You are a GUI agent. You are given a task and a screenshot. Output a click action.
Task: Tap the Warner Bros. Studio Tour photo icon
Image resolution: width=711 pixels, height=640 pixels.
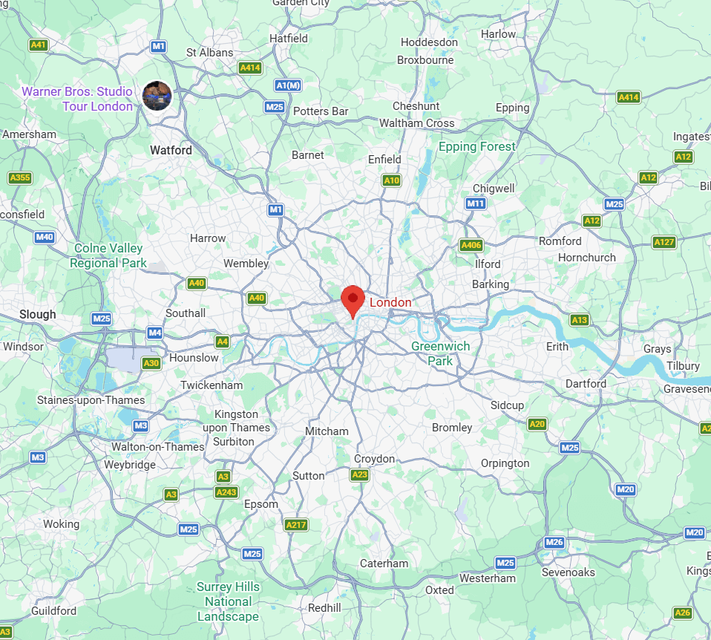pyautogui.click(x=157, y=96)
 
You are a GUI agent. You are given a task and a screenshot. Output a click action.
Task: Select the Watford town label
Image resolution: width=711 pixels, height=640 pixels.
pyautogui.click(x=171, y=150)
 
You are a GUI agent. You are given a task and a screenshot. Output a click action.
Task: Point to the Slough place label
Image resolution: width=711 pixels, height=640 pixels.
pyautogui.click(x=38, y=314)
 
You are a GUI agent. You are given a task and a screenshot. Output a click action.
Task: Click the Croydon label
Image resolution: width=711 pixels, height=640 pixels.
pyautogui.click(x=374, y=459)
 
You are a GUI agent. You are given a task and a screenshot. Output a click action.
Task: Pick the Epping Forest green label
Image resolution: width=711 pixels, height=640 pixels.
pyautogui.click(x=476, y=146)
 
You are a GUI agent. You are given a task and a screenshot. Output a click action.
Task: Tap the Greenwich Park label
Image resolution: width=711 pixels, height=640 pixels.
pyautogui.click(x=441, y=353)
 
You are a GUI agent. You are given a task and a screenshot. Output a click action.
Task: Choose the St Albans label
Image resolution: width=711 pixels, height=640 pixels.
pyautogui.click(x=209, y=53)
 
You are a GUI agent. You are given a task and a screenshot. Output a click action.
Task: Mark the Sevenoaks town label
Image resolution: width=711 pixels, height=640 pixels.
pyautogui.click(x=569, y=572)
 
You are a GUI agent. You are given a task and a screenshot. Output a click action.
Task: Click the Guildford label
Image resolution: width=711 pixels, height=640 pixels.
pyautogui.click(x=53, y=611)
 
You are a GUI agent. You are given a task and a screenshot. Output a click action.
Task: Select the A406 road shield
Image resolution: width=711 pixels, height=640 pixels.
pyautogui.click(x=471, y=245)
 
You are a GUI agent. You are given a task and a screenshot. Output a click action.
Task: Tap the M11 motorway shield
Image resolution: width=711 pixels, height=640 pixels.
pyautogui.click(x=476, y=203)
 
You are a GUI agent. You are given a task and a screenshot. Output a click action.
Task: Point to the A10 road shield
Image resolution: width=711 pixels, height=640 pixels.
pyautogui.click(x=391, y=180)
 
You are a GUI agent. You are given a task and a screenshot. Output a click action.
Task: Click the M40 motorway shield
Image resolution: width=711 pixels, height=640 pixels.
pyautogui.click(x=45, y=238)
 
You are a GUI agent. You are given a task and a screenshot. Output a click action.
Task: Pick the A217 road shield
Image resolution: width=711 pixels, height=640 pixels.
pyautogui.click(x=295, y=525)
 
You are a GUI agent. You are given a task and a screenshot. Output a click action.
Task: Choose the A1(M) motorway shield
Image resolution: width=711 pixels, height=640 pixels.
pyautogui.click(x=288, y=85)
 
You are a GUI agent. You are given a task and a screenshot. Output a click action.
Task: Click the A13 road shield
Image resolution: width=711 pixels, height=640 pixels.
pyautogui.click(x=580, y=320)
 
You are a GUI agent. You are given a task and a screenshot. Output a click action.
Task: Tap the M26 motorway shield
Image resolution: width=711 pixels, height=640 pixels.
pyautogui.click(x=554, y=543)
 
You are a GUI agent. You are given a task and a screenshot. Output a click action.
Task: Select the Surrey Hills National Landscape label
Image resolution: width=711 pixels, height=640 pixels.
pyautogui.click(x=228, y=601)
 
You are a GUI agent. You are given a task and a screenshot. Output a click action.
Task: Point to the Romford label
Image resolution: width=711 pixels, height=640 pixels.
pyautogui.click(x=560, y=241)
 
